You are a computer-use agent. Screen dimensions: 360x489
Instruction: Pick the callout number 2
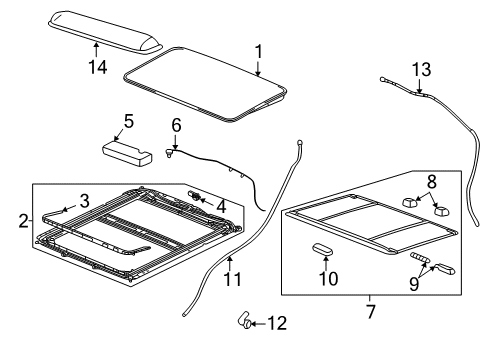pyautogui.click(x=23, y=219)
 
